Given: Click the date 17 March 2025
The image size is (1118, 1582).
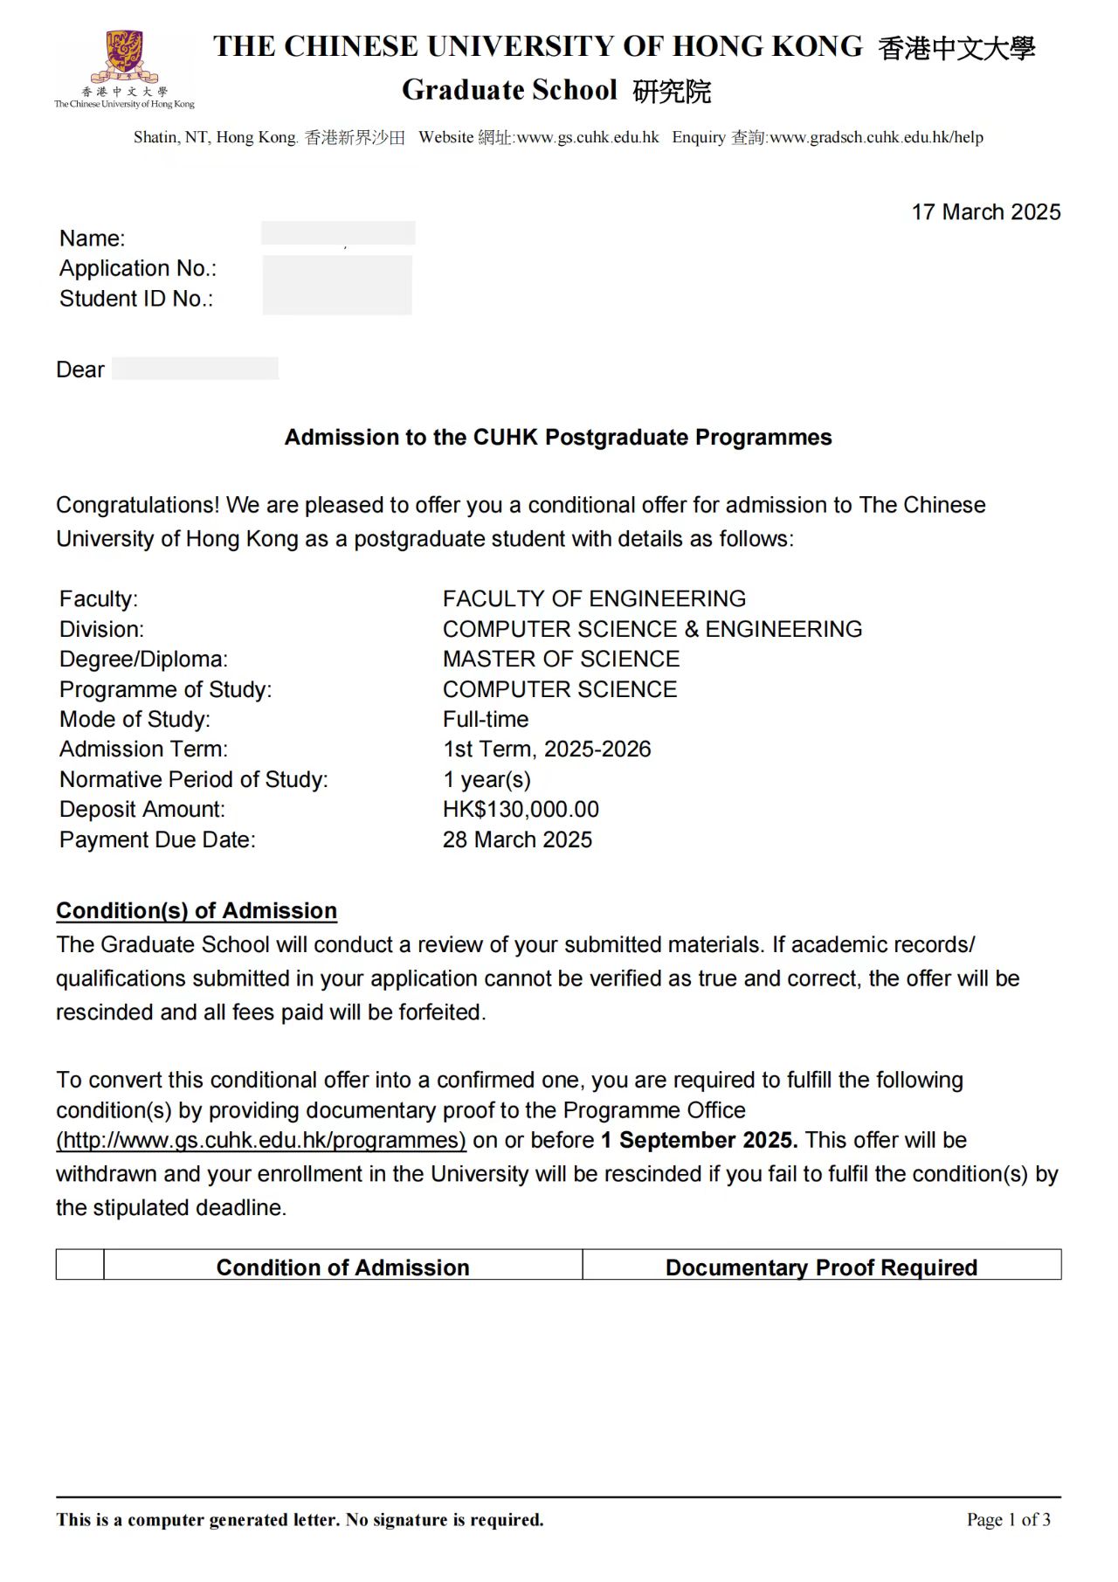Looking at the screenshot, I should click(985, 212).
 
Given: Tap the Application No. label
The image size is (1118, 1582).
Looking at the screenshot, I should click(137, 268).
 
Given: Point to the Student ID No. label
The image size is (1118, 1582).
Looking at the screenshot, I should click(135, 299).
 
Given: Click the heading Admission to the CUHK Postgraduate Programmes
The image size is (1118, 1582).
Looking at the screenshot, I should click(558, 438).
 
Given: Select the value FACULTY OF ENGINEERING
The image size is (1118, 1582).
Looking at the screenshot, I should click(594, 599).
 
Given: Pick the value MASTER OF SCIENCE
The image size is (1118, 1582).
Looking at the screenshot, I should click(561, 660).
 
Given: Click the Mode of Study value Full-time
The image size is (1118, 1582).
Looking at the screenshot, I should click(486, 720).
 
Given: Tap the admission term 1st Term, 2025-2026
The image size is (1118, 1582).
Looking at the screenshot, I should click(547, 750).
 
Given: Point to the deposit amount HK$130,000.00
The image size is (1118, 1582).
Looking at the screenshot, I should click(521, 810).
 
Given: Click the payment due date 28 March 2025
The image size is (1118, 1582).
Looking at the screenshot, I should click(517, 840).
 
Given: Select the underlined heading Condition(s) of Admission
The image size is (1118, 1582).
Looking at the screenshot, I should click(197, 911).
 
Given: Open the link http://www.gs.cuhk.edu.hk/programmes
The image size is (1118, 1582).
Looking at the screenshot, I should click(261, 1141).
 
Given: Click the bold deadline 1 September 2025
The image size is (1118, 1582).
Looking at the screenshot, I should click(699, 1141).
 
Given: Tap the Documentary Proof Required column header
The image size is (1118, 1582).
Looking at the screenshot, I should click(821, 1268).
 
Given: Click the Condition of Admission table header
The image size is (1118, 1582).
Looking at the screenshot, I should click(342, 1268).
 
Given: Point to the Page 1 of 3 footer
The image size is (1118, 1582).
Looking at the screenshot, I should click(1008, 1520).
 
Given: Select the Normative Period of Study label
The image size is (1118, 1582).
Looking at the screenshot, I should click(194, 780).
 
